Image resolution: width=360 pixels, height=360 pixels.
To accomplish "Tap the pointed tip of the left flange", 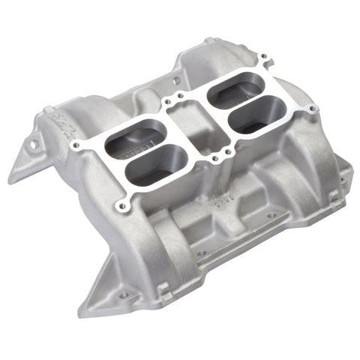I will click(11, 180).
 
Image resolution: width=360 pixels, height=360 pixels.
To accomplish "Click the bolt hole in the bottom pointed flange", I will click(123, 295).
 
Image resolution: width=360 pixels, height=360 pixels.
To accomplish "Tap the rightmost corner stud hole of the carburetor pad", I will click(314, 110).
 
